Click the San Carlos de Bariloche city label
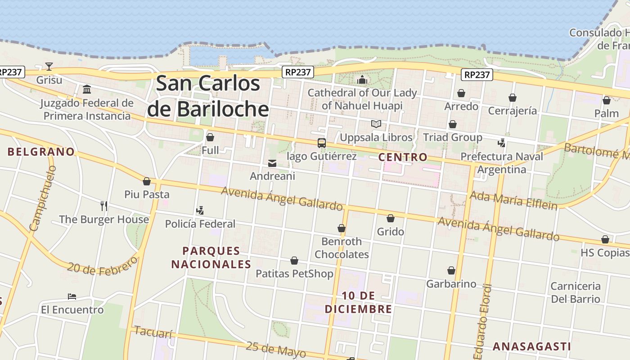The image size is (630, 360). [208, 96]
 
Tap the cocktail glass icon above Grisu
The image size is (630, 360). [49, 67]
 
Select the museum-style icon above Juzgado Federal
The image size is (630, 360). [87, 89]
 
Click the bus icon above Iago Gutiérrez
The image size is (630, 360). [321, 143]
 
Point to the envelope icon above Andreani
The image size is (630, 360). [272, 163]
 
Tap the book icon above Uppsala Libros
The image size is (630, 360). [376, 124]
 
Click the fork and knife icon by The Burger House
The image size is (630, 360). [104, 206]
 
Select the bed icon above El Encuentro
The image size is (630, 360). [72, 297]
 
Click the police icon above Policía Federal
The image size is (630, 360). [200, 210]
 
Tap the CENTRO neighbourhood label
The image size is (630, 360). [402, 157]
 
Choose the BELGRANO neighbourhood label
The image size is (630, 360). [41, 152]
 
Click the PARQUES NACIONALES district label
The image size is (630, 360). [211, 257]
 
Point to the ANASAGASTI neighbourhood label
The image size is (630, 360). [531, 346]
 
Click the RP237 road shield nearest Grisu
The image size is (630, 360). [10, 72]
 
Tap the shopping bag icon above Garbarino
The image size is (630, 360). [451, 270]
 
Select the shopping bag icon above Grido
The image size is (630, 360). [390, 218]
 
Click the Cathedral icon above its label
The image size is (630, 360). [362, 80]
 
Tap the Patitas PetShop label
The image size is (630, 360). [294, 274]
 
